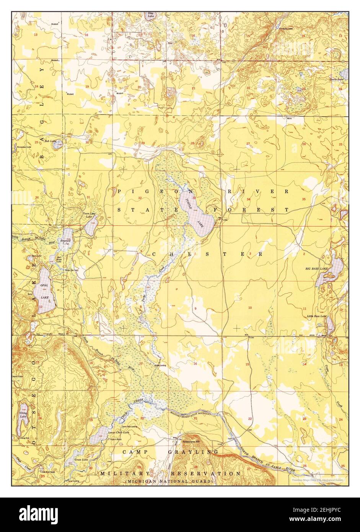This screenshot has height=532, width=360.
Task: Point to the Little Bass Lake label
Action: click(x=317, y=317)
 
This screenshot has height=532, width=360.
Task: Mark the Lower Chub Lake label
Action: click(x=118, y=432)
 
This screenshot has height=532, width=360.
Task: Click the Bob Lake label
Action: click(x=50, y=141)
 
